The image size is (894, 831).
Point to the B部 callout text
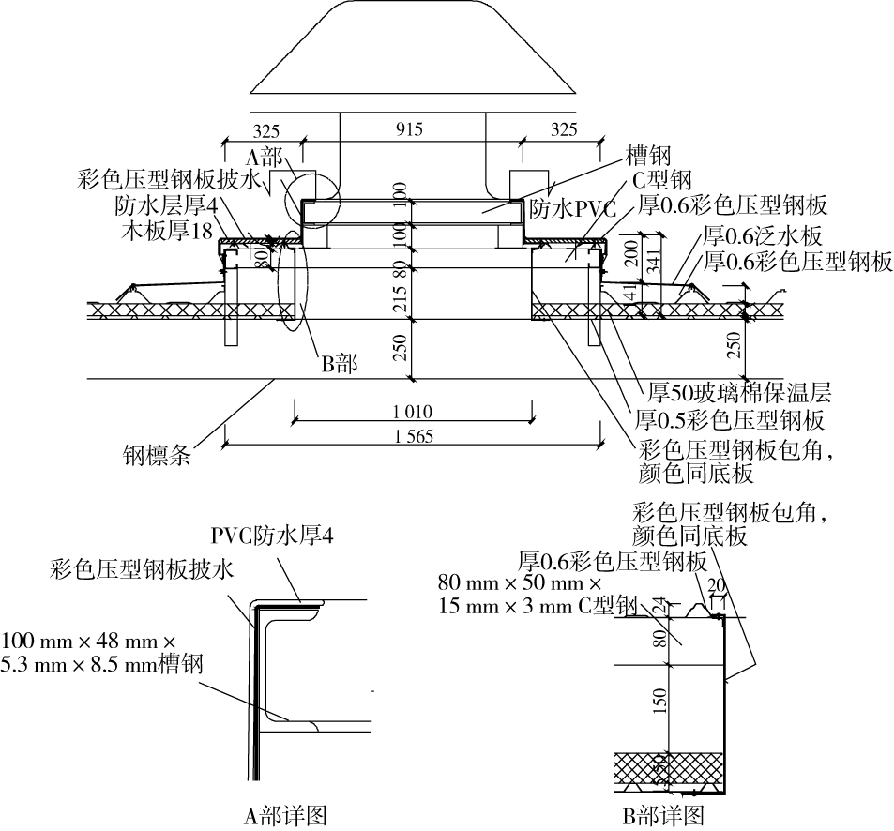click(340, 363)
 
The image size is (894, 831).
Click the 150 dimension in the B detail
click(659, 699)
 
